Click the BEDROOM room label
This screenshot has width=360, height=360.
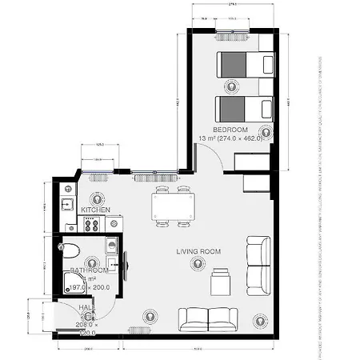230,130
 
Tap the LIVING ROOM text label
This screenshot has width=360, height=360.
199,252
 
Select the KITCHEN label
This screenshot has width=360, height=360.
95,210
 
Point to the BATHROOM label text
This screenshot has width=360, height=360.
89,270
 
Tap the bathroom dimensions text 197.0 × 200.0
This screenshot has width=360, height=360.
89,286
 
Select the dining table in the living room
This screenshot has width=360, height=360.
173,208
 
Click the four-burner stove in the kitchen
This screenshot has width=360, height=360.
90,224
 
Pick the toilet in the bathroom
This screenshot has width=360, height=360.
70,247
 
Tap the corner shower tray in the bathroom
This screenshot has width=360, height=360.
74,281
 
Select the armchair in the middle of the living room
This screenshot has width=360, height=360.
219,282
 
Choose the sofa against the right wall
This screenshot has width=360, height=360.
258,265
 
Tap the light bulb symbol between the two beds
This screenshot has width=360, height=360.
232,85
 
